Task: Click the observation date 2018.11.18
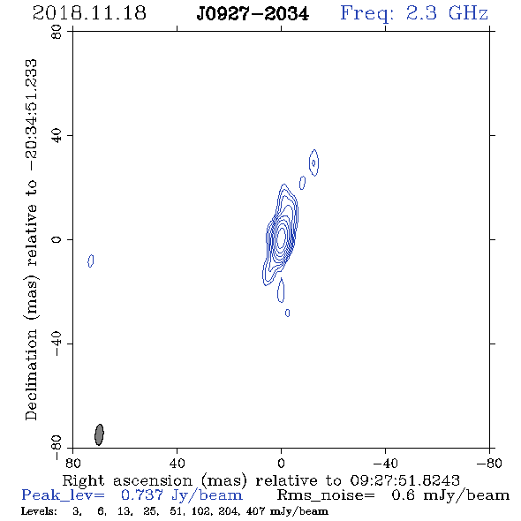coord(89,13)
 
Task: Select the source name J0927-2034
coord(253,14)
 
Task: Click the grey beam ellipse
coord(99,434)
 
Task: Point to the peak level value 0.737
coord(141,495)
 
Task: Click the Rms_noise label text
coord(326,495)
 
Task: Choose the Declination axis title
coord(31,239)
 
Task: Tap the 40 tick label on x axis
coord(177,463)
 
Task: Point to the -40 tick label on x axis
coord(385,463)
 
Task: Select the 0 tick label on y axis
coord(57,239)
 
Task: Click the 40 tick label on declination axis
coord(57,135)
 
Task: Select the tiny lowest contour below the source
coord(287,313)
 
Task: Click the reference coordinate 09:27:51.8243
coord(405,480)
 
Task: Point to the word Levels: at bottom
coord(39,510)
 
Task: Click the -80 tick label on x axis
coord(489,463)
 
